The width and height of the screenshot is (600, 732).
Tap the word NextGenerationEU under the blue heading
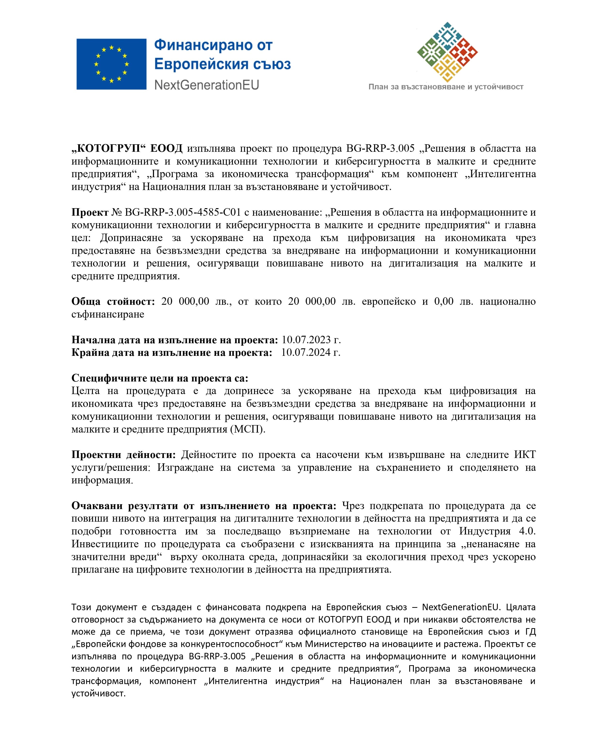click(206, 85)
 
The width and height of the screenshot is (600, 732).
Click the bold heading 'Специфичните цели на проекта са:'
click(160, 378)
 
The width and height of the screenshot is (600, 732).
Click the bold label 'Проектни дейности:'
click(123, 455)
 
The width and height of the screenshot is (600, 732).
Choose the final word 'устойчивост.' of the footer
click(98, 693)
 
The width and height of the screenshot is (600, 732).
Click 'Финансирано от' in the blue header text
click(213, 45)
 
